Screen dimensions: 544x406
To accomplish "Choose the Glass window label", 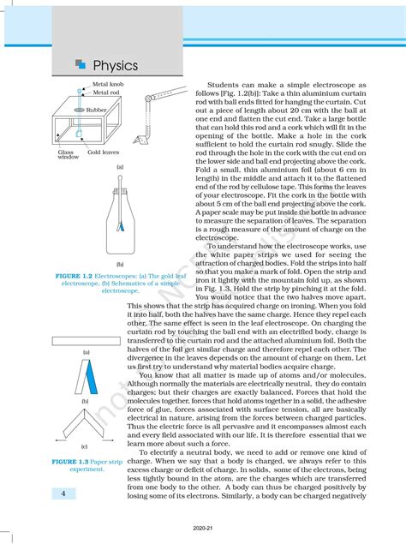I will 68,154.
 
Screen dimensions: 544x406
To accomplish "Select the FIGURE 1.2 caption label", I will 75,278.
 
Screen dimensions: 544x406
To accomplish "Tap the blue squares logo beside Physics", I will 81,64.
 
